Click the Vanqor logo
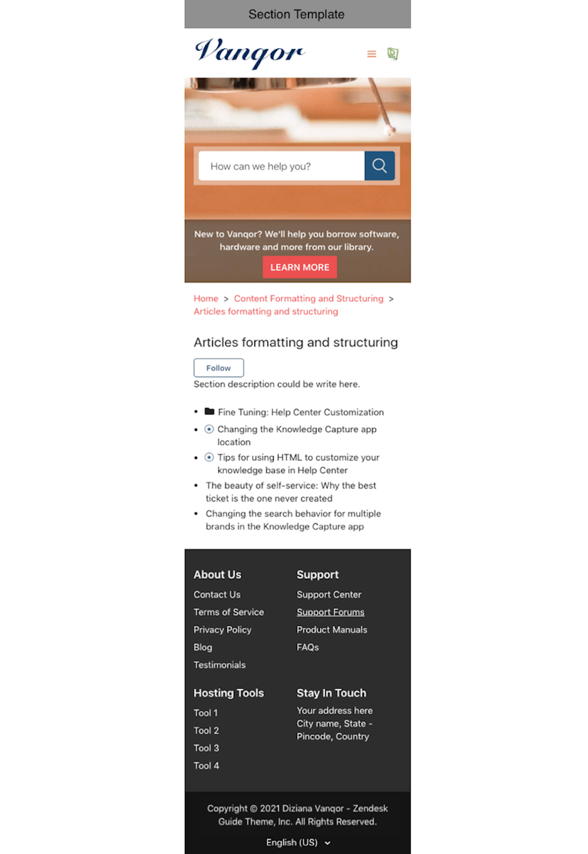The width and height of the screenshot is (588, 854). (x=250, y=53)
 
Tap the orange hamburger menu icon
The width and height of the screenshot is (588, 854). (x=371, y=54)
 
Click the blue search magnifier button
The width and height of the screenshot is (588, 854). (x=379, y=166)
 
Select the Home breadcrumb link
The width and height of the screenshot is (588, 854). (x=206, y=299)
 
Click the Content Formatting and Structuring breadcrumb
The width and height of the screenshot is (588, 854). (x=309, y=299)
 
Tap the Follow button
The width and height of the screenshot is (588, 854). (x=218, y=368)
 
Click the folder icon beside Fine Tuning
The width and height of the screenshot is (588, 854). (x=209, y=412)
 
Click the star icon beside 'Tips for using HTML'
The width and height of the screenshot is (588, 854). (x=209, y=457)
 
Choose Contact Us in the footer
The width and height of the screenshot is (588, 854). (x=217, y=595)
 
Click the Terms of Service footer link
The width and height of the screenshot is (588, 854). (x=229, y=612)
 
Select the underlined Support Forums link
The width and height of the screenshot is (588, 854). (x=330, y=612)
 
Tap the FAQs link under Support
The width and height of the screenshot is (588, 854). (x=307, y=647)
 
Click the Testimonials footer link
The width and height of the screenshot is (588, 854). (x=220, y=665)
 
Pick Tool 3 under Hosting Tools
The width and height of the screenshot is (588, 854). (x=206, y=748)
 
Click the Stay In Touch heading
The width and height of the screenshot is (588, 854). (x=331, y=693)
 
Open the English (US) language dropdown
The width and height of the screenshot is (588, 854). (x=298, y=843)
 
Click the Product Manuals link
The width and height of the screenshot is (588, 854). (x=332, y=630)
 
